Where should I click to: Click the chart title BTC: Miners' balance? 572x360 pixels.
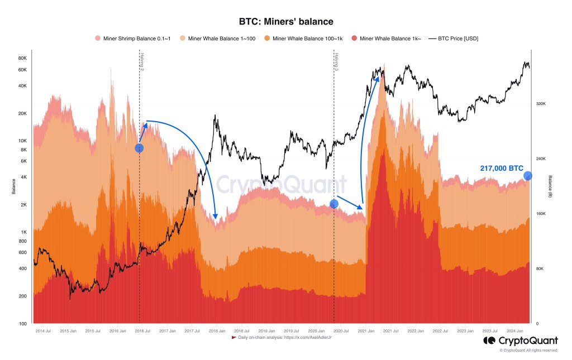pyautogui.click(x=286, y=22)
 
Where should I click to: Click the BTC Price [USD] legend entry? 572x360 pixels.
pyautogui.click(x=453, y=39)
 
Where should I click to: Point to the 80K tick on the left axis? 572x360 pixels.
pyautogui.click(x=23, y=58)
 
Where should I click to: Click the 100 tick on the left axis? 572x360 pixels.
pyautogui.click(x=23, y=324)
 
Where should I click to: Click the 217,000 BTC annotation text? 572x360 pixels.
pyautogui.click(x=502, y=168)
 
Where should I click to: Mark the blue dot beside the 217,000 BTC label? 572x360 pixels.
pyautogui.click(x=528, y=176)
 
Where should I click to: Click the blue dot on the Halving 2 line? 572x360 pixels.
pyautogui.click(x=139, y=148)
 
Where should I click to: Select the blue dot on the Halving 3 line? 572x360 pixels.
pyautogui.click(x=333, y=204)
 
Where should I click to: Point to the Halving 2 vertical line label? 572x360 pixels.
pyautogui.click(x=142, y=61)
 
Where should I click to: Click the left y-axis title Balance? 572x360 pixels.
pyautogui.click(x=13, y=186)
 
